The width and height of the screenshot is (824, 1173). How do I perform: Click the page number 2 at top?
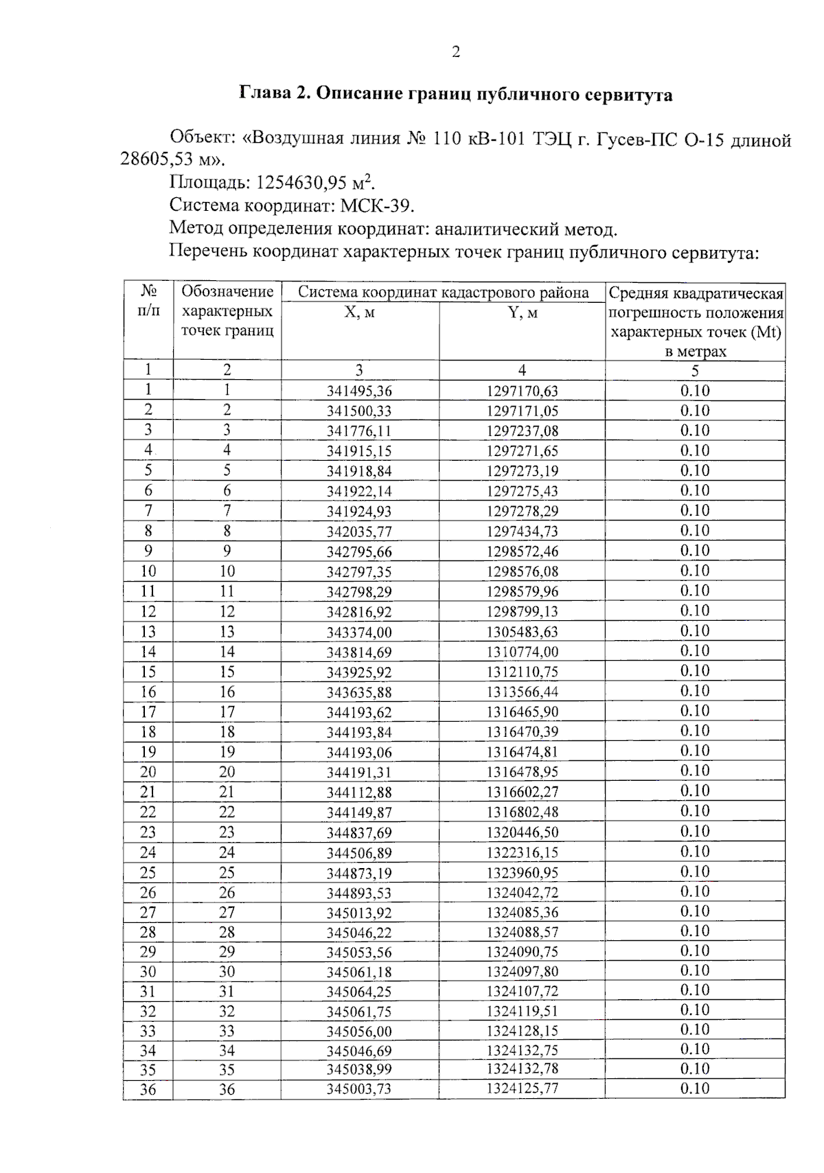pos(456,52)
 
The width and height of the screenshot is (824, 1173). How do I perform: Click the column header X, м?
pos(359,313)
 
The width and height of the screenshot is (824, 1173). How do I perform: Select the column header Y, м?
pos(522,313)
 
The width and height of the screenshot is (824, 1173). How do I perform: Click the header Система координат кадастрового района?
pos(443,293)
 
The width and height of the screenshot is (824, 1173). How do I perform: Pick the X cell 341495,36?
pos(359,391)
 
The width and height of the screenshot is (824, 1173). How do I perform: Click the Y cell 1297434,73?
pos(522,532)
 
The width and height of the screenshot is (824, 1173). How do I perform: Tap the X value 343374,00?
pos(359,633)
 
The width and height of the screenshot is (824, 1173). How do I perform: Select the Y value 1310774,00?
pos(522,652)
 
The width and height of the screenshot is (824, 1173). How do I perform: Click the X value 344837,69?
pos(359,833)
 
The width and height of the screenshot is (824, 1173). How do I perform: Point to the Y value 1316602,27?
pos(522,793)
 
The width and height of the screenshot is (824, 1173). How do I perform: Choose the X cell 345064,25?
pos(359,992)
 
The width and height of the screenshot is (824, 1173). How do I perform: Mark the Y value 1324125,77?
pos(522,1089)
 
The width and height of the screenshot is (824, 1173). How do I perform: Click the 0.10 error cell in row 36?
pos(694,1089)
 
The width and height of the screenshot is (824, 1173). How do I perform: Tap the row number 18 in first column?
pos(148,732)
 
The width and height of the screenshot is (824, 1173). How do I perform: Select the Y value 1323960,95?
pos(522,873)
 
